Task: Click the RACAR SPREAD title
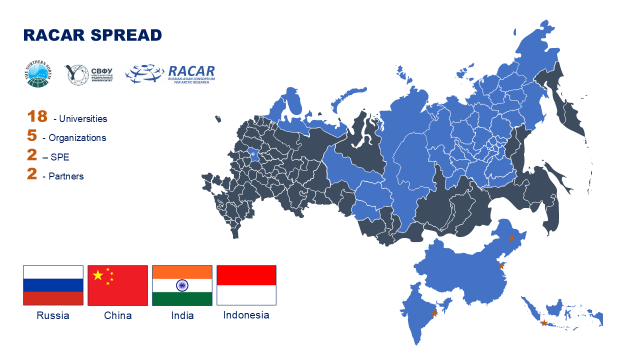[x=92, y=35]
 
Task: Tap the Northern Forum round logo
[x=37, y=74]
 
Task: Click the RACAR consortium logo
[x=170, y=74]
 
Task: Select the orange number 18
[x=37, y=116]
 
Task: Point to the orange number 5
[x=32, y=135]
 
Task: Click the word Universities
[x=83, y=119]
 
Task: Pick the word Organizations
[x=77, y=138]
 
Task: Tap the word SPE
[x=59, y=157]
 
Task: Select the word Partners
[x=66, y=176]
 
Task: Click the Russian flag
[x=53, y=285]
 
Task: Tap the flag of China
[x=117, y=285]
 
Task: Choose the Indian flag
[x=182, y=285]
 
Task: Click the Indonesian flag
[x=246, y=285]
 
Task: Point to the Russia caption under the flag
[x=53, y=315]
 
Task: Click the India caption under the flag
[x=182, y=315]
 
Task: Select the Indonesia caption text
[x=246, y=315]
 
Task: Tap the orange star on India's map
[x=434, y=313]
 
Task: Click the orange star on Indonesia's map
[x=544, y=323]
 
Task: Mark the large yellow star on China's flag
[x=98, y=275]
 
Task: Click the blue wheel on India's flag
[x=182, y=285]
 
